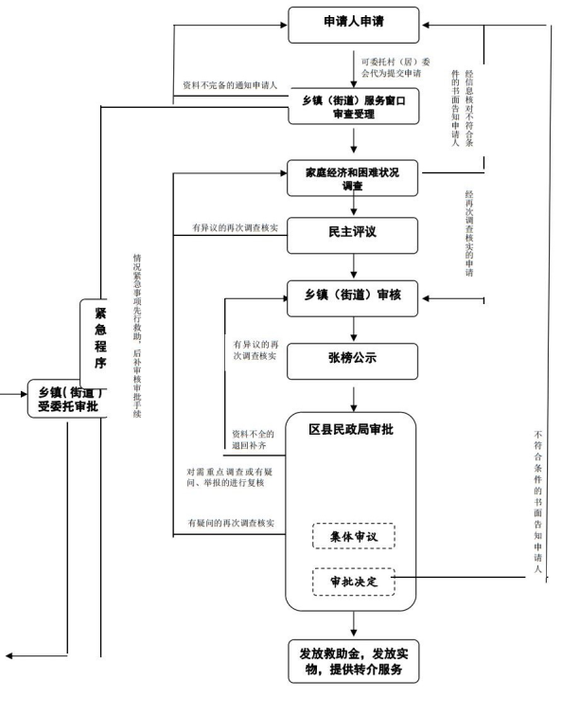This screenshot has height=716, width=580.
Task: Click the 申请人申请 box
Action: coord(354,26)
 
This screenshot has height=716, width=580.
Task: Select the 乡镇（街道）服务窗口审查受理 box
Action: coord(354,106)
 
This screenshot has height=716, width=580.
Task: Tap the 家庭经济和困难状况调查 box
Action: coord(352,178)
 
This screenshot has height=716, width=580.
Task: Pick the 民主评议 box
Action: coord(352,236)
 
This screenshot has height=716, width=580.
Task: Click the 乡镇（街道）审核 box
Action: coord(352,298)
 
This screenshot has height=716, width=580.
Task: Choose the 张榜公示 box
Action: coord(352,361)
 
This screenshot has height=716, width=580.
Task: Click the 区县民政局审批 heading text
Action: coord(351,429)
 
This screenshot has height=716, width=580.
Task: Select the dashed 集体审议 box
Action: coord(354,536)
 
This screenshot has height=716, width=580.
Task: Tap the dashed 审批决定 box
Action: coord(354,582)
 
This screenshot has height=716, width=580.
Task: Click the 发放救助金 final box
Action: coord(354,661)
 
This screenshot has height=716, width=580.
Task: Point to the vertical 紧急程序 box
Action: coord(94,344)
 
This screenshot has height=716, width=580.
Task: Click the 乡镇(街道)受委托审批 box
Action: coord(67,399)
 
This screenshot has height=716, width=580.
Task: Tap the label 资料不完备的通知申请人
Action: coord(230,85)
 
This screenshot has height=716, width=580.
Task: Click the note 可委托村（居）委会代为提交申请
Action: coord(395,67)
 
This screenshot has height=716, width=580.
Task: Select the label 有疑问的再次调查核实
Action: coord(232,523)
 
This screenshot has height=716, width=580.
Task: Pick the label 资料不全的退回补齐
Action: coord(253,439)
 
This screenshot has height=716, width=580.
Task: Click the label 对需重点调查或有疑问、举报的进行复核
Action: coord(230,477)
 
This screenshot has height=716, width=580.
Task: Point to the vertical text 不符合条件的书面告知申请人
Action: coord(538,501)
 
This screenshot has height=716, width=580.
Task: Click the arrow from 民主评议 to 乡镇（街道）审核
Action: coord(354,266)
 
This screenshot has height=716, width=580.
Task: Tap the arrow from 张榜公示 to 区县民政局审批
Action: coord(354,400)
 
